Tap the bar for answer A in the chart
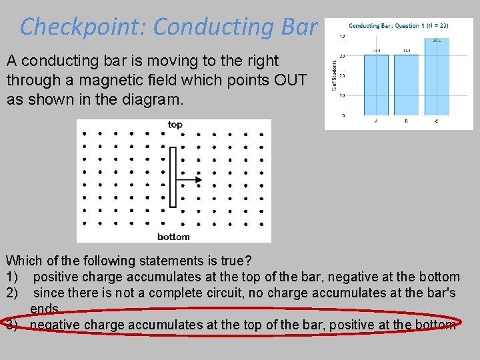[x=376, y=85]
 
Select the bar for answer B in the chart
[x=406, y=85]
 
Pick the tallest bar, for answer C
[x=436, y=77]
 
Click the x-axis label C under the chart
[x=436, y=121]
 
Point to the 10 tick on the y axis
[x=343, y=95]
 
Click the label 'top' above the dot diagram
[x=175, y=125]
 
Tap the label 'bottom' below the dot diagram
[x=173, y=237]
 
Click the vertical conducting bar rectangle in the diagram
[x=173, y=177]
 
